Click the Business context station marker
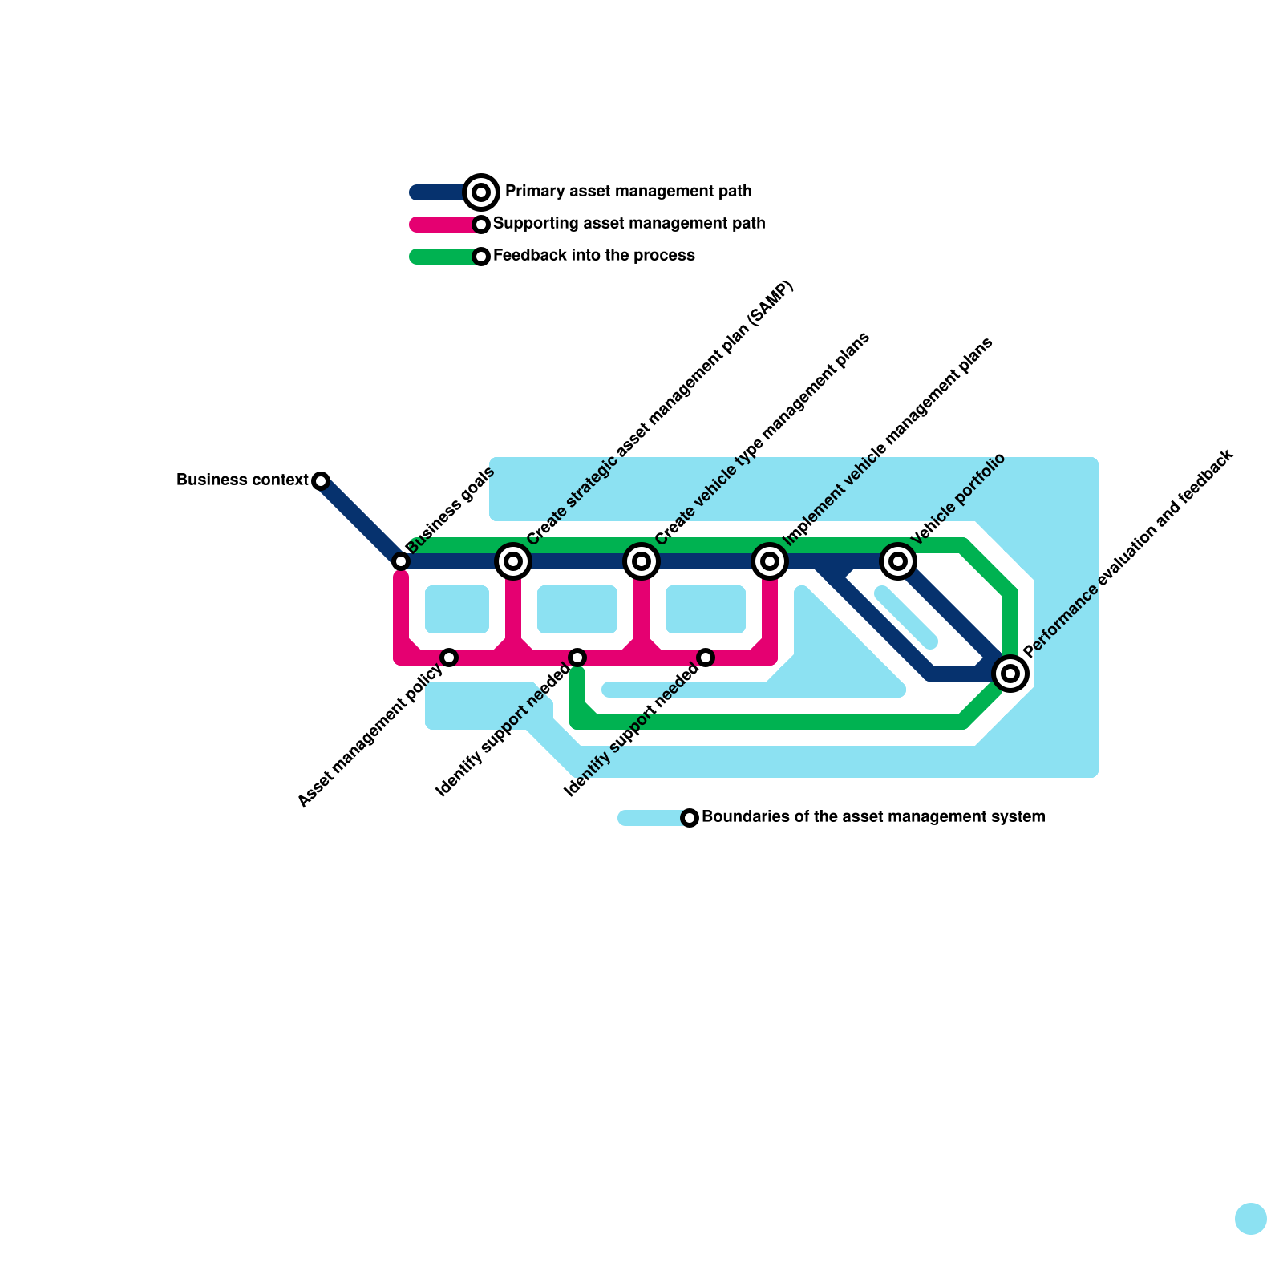coord(321,481)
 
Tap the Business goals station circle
coord(401,561)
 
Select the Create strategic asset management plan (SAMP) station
coord(513,561)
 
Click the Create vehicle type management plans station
coord(641,561)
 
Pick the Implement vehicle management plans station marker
coord(770,561)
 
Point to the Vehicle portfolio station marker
coord(898,561)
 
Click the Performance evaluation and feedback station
coord(1010,673)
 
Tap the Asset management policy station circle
coord(449,658)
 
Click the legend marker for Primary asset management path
coord(481,192)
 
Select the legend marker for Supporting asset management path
coord(481,225)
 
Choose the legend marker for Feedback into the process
coord(481,257)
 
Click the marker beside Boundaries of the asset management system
coord(690,818)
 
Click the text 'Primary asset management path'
coord(628,192)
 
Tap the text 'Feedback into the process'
coord(593,256)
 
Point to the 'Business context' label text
coord(242,480)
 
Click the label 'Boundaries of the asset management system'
coord(873,817)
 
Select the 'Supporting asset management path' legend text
coord(629,224)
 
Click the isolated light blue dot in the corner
coord(1250,1219)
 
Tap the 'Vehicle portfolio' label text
coord(958,499)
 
